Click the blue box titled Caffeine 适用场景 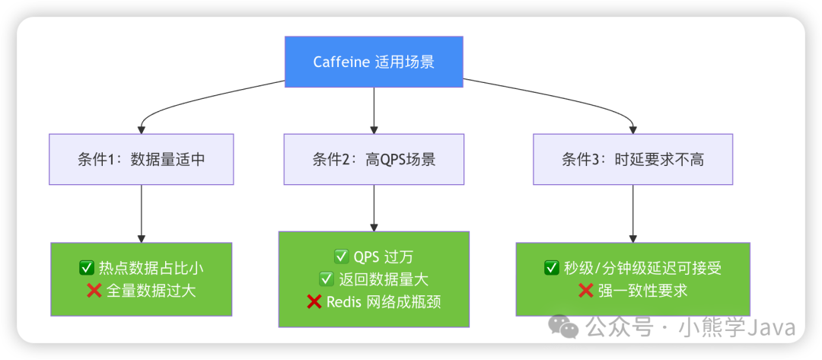374,62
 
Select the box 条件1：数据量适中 142,159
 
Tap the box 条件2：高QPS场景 374,159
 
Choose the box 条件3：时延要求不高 632,159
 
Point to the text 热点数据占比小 151,268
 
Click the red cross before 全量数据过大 94,290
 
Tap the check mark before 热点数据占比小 87,268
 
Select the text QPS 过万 384,257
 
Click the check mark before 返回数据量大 327,279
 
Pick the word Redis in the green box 344,301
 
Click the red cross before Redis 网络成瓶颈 314,301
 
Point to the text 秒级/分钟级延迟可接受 642,268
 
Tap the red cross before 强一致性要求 586,290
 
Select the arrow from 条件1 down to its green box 142,213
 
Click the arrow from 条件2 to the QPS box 374,207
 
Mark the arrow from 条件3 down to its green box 632,213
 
